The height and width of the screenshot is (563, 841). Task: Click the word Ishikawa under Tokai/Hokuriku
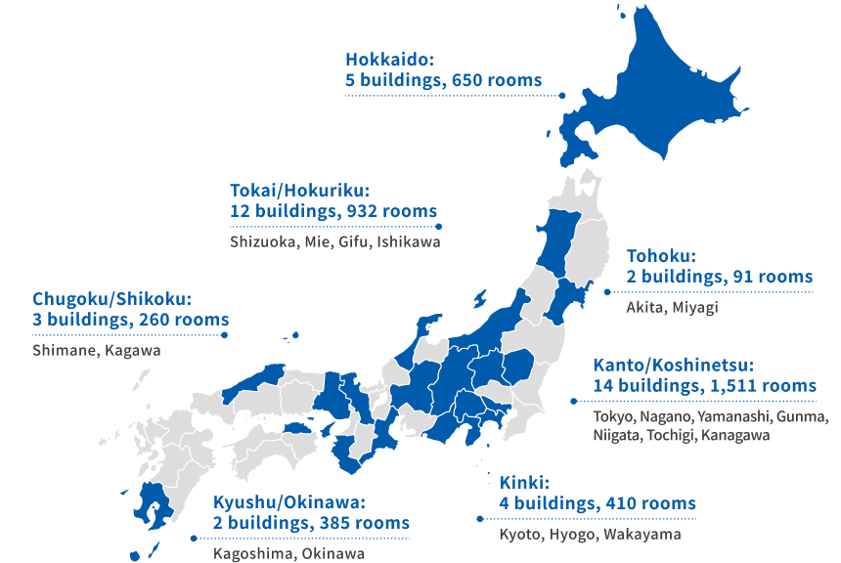(410, 240)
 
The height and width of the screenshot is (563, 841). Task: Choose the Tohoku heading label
(661, 256)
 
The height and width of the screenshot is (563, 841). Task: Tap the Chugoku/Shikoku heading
(111, 299)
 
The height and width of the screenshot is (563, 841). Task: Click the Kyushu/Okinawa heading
(288, 502)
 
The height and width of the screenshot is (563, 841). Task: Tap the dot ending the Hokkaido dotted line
(564, 95)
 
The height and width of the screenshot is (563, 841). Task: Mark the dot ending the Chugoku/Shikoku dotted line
(225, 334)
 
